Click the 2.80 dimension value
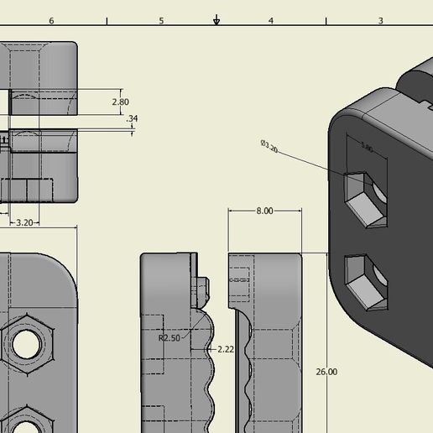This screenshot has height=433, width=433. pos(120,102)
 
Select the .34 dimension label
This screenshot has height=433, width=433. pos(131,119)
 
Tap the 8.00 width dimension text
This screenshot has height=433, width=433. pos(264,211)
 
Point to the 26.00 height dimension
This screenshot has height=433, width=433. pos(326,371)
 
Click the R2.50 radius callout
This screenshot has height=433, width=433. pos(170,337)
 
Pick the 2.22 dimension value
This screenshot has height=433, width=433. pos(225,348)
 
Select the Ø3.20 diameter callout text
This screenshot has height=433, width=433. pos(269,146)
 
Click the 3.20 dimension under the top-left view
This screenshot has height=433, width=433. pos(24,222)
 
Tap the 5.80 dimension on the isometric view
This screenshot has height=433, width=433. pos(367,148)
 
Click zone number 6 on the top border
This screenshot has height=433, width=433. pos(52,20)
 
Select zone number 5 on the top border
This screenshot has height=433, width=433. pos(161,20)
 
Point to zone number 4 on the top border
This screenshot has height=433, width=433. pos(270,20)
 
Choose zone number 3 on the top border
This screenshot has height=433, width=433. pos(379,20)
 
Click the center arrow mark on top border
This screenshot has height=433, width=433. pos(216,19)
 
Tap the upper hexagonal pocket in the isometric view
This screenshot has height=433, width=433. pos(367,198)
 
